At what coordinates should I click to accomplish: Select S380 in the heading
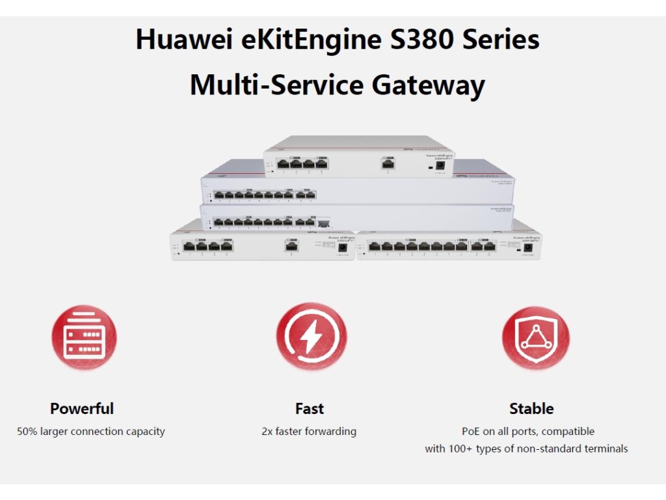click(422, 40)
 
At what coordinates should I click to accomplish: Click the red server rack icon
click(84, 337)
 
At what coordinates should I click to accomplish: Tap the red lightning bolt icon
click(310, 337)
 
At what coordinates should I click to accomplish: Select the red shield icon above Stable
click(535, 337)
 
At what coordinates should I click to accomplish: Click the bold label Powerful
click(82, 409)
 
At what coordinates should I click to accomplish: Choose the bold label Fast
click(309, 409)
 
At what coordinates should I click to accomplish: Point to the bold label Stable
click(531, 409)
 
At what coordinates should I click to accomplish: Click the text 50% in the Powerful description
click(27, 431)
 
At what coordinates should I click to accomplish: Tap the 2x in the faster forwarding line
click(267, 431)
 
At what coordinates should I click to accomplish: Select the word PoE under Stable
click(471, 431)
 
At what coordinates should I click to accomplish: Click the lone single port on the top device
click(388, 163)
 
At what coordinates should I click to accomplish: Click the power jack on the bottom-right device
click(528, 248)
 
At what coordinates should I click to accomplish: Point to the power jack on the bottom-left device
click(343, 248)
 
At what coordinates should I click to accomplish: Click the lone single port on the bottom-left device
click(291, 246)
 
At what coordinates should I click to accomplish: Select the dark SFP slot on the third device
click(323, 223)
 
